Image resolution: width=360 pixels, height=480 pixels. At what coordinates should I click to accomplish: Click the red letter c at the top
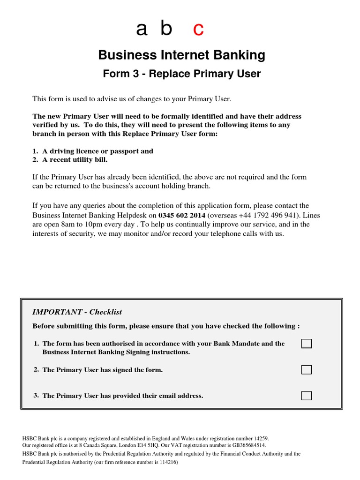tap(198, 30)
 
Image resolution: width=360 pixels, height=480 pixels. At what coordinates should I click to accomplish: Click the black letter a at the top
tap(142, 30)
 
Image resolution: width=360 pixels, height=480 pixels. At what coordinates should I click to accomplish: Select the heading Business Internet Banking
tap(181, 55)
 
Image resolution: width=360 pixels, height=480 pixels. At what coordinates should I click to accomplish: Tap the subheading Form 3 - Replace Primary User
tap(181, 74)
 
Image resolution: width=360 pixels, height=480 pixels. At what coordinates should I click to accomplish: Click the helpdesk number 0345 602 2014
tap(181, 215)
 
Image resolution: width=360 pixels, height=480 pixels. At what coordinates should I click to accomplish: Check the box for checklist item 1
tap(306, 344)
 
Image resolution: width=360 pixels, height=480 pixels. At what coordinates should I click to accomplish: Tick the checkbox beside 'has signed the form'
tap(306, 370)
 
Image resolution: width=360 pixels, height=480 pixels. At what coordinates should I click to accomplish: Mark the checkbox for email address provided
tap(306, 395)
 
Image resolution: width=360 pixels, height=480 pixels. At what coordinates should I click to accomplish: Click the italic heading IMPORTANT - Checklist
tap(77, 312)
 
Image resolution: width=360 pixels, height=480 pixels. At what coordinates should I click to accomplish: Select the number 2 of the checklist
tap(36, 369)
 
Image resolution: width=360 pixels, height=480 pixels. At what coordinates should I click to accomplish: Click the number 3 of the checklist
tap(36, 395)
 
